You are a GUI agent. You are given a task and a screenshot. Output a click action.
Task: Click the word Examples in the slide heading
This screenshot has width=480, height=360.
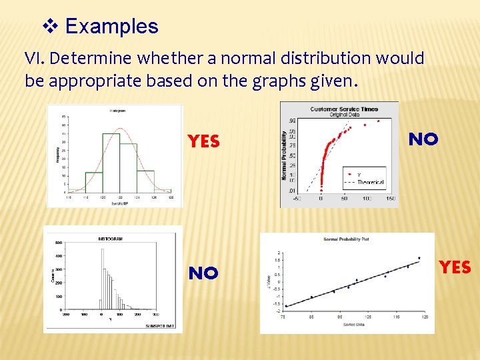pos(112,27)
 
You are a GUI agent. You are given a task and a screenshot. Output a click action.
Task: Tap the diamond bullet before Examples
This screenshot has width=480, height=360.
pos(51,27)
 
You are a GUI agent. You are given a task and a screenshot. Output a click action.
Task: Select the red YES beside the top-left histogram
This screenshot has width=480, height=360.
pos(203,141)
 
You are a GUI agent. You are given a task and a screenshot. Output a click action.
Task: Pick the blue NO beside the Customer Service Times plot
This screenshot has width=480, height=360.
pos(423,139)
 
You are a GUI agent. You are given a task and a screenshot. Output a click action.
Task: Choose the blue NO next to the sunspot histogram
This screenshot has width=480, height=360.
pos(203,273)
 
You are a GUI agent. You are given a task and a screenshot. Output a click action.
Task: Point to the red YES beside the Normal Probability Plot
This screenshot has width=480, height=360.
pos(455,267)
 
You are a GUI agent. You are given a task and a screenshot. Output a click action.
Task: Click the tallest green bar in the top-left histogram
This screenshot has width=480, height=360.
pos(111,160)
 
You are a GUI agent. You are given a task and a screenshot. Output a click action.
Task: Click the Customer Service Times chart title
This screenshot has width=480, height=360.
pos(344,109)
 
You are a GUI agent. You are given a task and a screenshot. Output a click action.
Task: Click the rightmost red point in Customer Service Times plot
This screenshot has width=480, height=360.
pos(379,121)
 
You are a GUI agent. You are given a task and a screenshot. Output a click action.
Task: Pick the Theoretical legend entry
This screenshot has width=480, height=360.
pos(370,181)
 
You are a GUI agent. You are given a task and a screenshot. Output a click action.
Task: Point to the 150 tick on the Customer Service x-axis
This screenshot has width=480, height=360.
pos(390,199)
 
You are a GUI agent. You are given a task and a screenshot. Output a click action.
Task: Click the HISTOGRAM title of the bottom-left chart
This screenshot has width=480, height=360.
pos(111,238)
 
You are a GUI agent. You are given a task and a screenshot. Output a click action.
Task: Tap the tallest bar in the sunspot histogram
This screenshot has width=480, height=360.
pos(102,279)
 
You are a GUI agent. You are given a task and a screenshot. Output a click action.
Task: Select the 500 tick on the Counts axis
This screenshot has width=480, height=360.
pos(59,243)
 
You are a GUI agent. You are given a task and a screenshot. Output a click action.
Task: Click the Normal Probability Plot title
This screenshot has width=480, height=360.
pos(346,239)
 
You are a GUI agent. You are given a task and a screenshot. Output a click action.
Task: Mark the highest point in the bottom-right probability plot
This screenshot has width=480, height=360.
pos(419,258)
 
